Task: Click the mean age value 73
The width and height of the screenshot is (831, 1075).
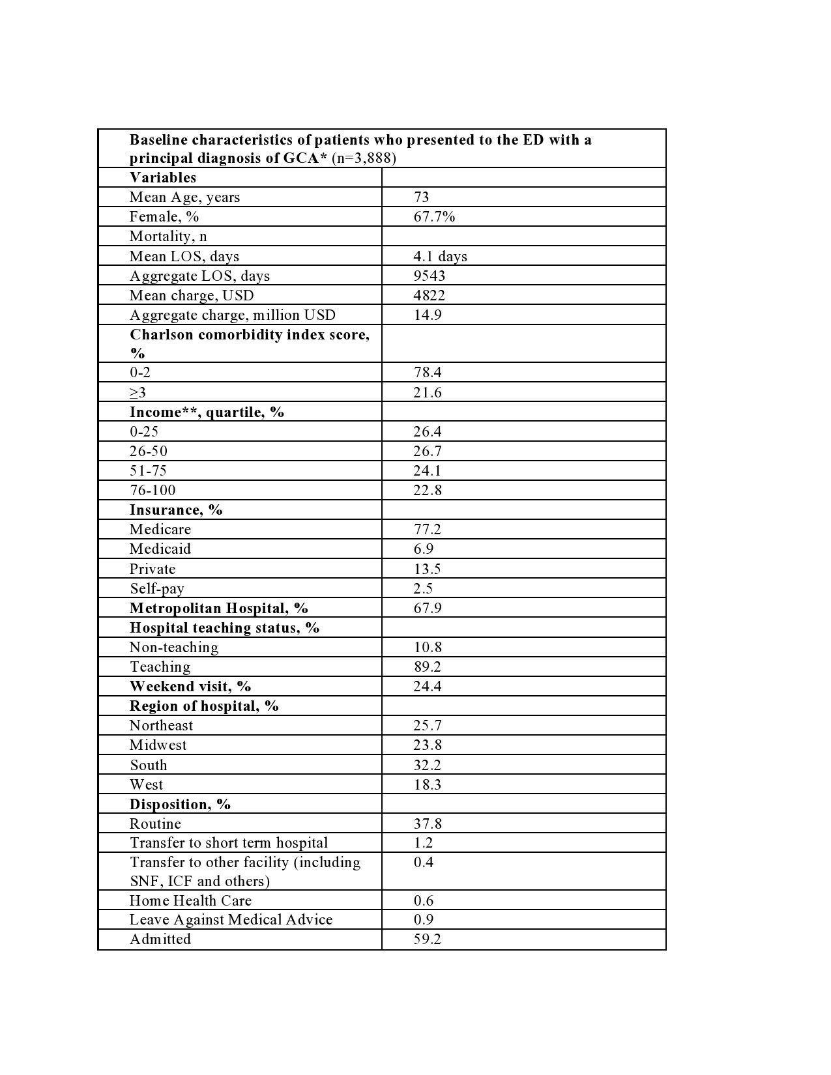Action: coord(421,197)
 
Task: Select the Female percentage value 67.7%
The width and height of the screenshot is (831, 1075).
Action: coord(434,217)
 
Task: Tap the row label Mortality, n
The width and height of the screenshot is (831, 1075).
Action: coord(168,236)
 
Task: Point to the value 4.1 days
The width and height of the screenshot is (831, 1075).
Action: coord(440,256)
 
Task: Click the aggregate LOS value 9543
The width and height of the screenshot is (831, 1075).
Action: coord(429,276)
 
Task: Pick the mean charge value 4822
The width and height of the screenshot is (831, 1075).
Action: coord(429,295)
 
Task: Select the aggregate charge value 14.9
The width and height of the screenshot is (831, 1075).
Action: coord(427,315)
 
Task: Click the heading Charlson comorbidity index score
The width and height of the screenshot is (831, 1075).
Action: coord(249,335)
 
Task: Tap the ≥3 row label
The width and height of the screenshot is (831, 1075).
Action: coord(138,392)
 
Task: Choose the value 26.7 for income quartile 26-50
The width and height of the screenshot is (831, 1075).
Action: coord(427,451)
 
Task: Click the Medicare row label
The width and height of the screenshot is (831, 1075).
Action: coord(160,529)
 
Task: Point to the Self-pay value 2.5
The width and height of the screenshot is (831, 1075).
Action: coord(423,588)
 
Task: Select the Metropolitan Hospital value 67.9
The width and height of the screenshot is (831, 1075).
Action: coord(427,608)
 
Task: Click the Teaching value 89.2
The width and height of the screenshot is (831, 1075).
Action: coord(427,666)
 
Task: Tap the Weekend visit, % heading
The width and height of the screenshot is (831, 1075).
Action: coord(190,686)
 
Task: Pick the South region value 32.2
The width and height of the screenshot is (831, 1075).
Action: coord(427,765)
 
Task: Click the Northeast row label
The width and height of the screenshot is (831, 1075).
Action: coord(161,725)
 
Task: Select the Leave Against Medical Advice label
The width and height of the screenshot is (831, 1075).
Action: coord(231,919)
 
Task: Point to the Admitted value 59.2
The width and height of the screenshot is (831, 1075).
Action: coord(427,939)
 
